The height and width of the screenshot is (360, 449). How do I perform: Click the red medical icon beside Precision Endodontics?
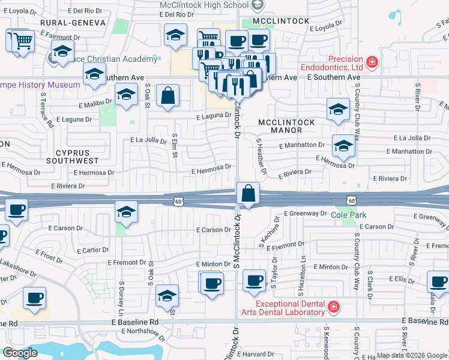coord(373,61)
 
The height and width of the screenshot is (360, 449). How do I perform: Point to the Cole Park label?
coord(346,214)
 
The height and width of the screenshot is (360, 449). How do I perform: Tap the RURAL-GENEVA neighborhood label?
coord(73,23)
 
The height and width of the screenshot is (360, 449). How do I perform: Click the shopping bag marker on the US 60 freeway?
coord(248,194)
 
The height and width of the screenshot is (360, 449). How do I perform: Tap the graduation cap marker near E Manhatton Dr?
coord(343,146)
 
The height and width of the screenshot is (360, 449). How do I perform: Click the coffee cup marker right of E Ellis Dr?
coord(438,280)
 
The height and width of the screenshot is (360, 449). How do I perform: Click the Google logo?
coord(20,353)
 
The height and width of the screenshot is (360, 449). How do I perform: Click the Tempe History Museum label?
coord(40,85)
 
